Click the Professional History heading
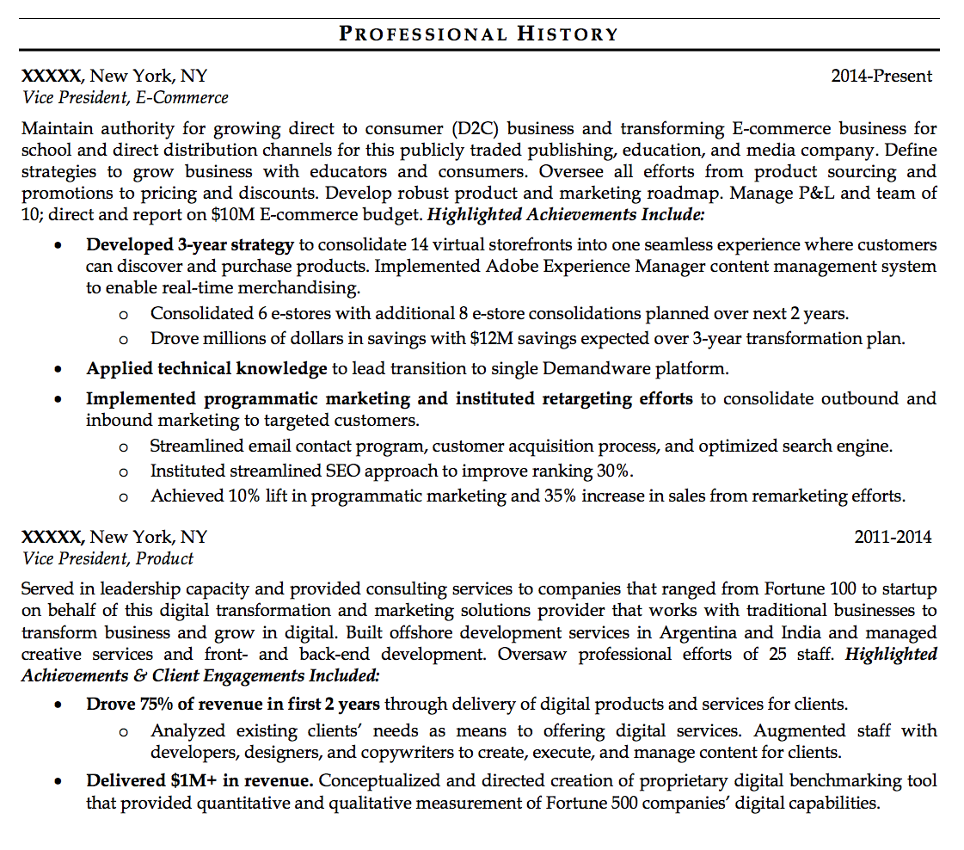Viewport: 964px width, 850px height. [479, 34]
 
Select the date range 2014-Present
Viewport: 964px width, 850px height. [881, 76]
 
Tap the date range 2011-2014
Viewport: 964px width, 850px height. [892, 537]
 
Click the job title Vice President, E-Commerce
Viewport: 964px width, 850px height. [126, 97]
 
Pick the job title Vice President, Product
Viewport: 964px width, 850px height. [107, 558]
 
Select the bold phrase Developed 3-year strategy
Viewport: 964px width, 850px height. [190, 244]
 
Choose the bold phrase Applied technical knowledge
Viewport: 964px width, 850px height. [206, 369]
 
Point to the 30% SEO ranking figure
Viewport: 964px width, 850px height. [615, 471]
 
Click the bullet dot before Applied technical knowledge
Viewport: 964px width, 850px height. [58, 370]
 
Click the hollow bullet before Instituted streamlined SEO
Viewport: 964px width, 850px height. [124, 471]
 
